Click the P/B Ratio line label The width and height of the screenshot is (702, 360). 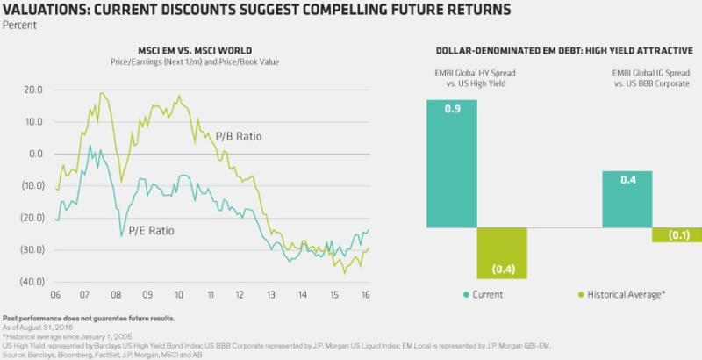coord(239,137)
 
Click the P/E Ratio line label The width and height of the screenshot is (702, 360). coord(151,231)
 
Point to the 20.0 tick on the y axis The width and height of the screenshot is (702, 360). coord(33,90)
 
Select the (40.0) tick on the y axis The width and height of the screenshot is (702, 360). coord(32,282)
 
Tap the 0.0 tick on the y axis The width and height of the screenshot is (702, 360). coord(36,154)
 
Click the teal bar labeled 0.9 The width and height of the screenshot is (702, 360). coord(452,163)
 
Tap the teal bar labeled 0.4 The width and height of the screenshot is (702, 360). coord(627,199)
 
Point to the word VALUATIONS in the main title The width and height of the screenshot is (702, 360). coord(45,10)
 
